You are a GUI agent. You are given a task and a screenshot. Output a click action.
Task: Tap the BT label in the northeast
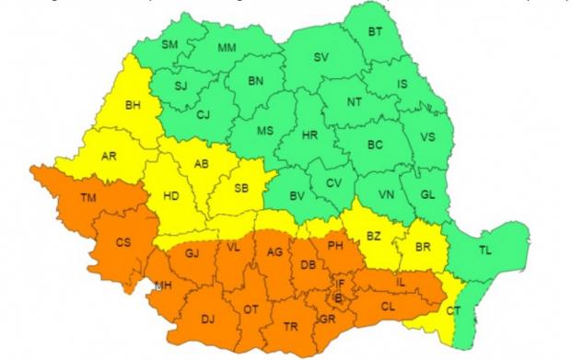[375, 32]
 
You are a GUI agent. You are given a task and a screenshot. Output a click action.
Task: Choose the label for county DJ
[210, 319]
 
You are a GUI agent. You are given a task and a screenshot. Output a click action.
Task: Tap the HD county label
[172, 195]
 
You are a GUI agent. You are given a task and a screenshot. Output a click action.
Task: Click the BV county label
[297, 195]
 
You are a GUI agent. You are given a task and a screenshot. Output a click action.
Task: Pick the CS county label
[122, 243]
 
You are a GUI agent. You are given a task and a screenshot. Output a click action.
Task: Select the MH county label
[163, 285]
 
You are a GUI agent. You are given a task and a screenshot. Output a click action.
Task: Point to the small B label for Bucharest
[338, 297]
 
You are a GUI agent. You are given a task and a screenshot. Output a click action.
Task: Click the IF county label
[340, 285]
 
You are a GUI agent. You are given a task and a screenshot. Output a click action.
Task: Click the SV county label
[320, 57]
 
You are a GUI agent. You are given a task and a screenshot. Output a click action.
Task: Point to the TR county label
[291, 327]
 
